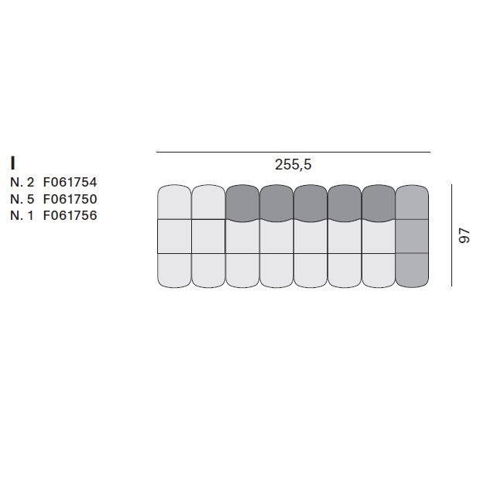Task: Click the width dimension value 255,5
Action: click(x=293, y=165)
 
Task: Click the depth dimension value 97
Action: click(x=464, y=235)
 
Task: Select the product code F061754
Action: click(x=70, y=182)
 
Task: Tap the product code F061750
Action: click(x=70, y=199)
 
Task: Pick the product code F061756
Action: click(x=70, y=215)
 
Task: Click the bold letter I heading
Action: click(x=12, y=163)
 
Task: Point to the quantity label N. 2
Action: click(x=22, y=182)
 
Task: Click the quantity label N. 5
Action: click(x=22, y=199)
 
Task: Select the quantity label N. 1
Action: click(x=22, y=215)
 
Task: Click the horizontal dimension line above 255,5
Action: click(x=293, y=152)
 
